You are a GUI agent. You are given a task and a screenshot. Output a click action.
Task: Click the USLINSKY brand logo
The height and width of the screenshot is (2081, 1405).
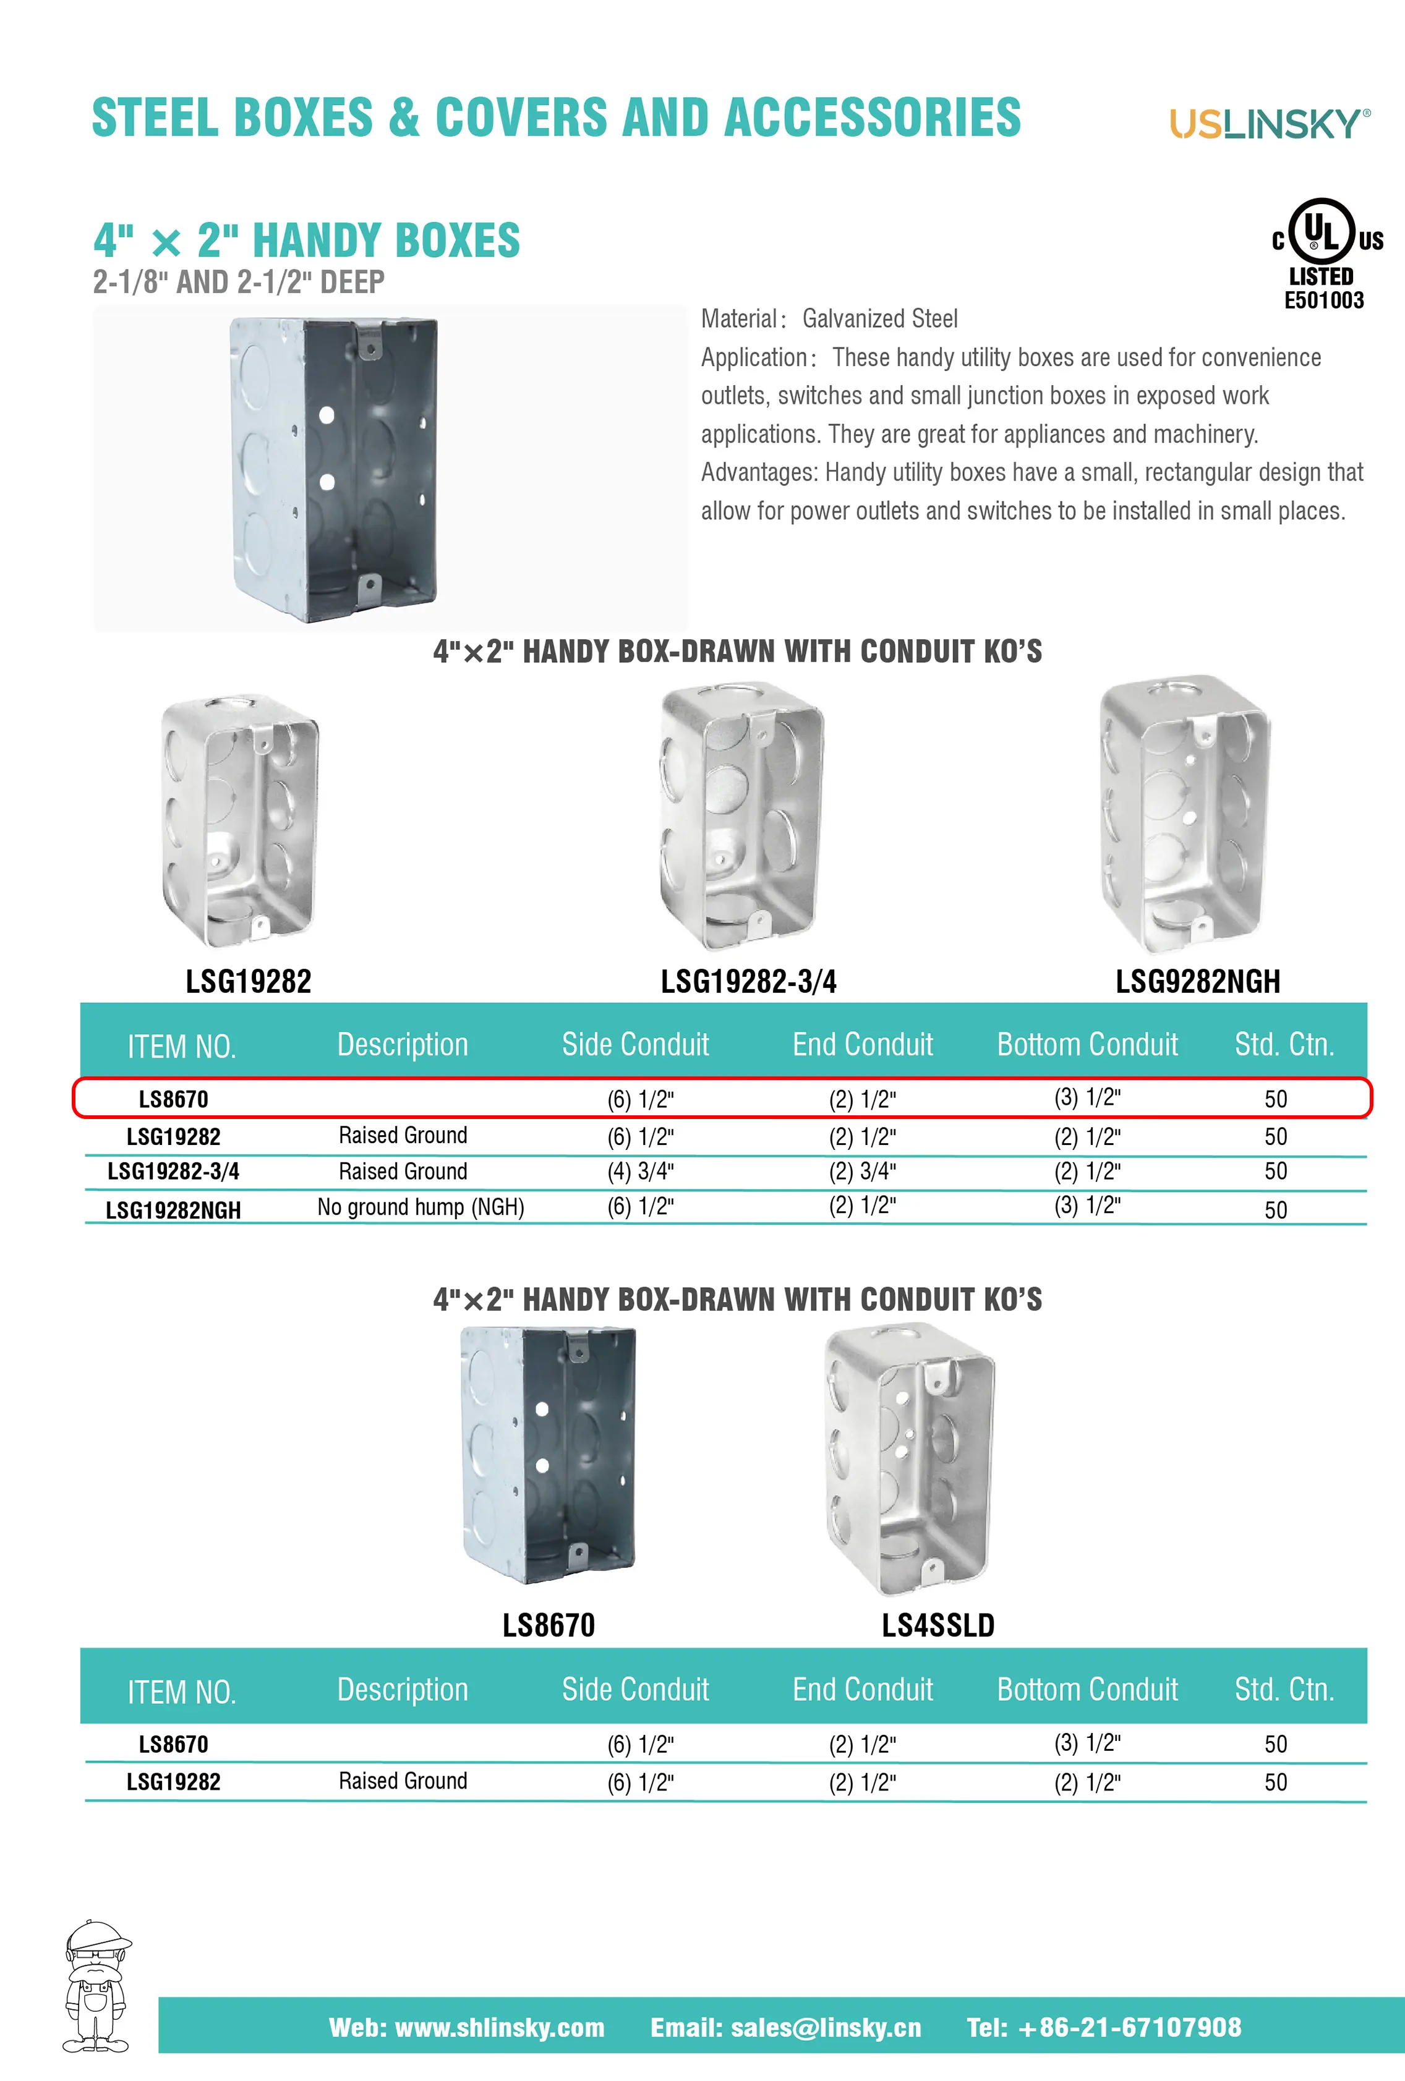(x=1268, y=124)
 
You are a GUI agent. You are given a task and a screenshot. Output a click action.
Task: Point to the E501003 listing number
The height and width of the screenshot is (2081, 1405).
(x=1323, y=301)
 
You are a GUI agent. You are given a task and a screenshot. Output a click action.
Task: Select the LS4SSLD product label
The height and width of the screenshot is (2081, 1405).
(x=937, y=1625)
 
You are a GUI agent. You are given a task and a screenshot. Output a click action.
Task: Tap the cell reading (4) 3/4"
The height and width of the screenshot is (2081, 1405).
(x=640, y=1171)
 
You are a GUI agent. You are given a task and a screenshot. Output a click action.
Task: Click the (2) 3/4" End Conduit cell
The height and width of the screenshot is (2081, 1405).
(x=861, y=1171)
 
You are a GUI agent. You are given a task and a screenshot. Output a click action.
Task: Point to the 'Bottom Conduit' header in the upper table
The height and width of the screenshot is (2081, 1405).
(x=1087, y=1045)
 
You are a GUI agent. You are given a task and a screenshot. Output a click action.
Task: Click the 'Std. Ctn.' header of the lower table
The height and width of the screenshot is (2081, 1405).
(x=1283, y=1690)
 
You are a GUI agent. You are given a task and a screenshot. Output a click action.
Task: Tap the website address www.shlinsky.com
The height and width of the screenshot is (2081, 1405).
(x=499, y=2027)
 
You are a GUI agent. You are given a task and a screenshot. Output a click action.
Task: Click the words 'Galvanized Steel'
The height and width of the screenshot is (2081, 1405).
(x=879, y=319)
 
